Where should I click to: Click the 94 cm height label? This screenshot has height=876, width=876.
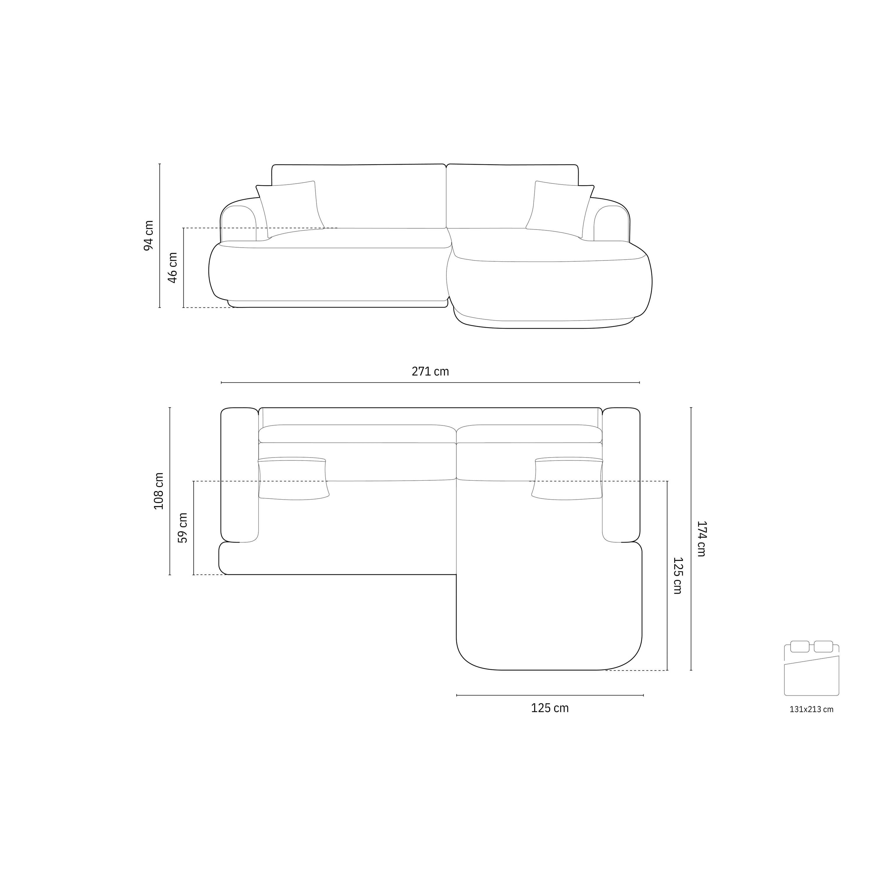(x=149, y=235)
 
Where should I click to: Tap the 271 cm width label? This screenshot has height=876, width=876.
(x=430, y=371)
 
